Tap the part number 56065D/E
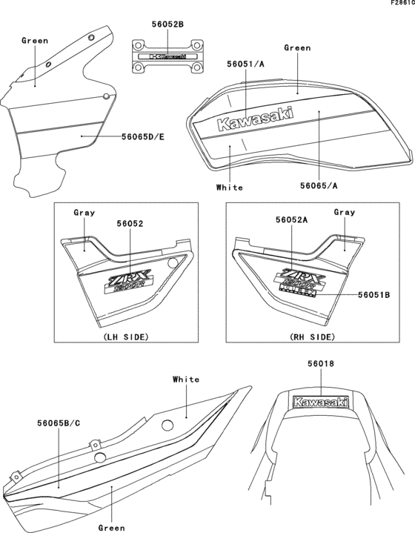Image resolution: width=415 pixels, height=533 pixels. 143,136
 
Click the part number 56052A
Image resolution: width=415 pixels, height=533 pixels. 290,221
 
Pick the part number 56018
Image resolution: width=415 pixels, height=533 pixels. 322,365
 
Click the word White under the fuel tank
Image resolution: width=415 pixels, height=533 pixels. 229,188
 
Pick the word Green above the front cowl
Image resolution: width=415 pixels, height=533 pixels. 35,40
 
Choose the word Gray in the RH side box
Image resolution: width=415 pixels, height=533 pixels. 345,212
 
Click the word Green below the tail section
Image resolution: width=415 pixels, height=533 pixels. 111,528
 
